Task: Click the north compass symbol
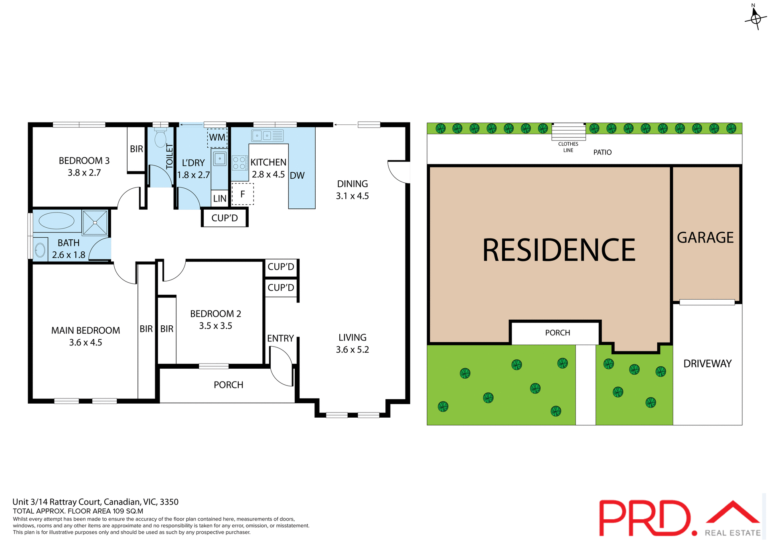click(x=756, y=18)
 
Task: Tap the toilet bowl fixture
click(x=160, y=138)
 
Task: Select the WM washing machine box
click(x=217, y=138)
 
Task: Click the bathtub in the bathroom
click(x=57, y=221)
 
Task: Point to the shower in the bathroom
click(x=95, y=222)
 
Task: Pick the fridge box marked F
click(x=243, y=194)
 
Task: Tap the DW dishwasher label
click(x=297, y=176)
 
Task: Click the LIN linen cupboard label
click(x=220, y=198)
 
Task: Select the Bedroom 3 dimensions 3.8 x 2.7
click(x=84, y=173)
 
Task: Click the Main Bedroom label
click(x=85, y=331)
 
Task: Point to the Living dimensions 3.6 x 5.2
click(x=352, y=350)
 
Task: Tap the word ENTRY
click(x=281, y=339)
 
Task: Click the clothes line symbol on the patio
click(x=568, y=131)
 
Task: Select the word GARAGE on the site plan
click(x=705, y=238)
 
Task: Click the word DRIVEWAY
click(x=707, y=364)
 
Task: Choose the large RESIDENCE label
click(x=559, y=250)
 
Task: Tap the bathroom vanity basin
click(x=40, y=250)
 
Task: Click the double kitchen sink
click(x=262, y=136)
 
